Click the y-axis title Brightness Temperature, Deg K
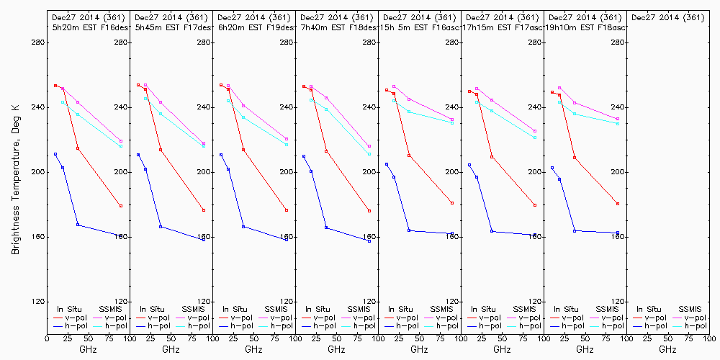point(15,176)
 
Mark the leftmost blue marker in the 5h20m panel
point(55,154)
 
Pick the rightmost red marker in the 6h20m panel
point(287,210)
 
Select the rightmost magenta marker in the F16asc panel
point(452,120)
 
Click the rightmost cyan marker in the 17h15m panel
point(535,138)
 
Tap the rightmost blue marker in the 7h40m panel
point(369,241)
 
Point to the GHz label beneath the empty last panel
point(667,350)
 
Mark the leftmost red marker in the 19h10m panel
point(552,92)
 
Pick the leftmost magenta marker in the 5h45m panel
point(145,85)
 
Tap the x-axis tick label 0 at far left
point(47,338)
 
